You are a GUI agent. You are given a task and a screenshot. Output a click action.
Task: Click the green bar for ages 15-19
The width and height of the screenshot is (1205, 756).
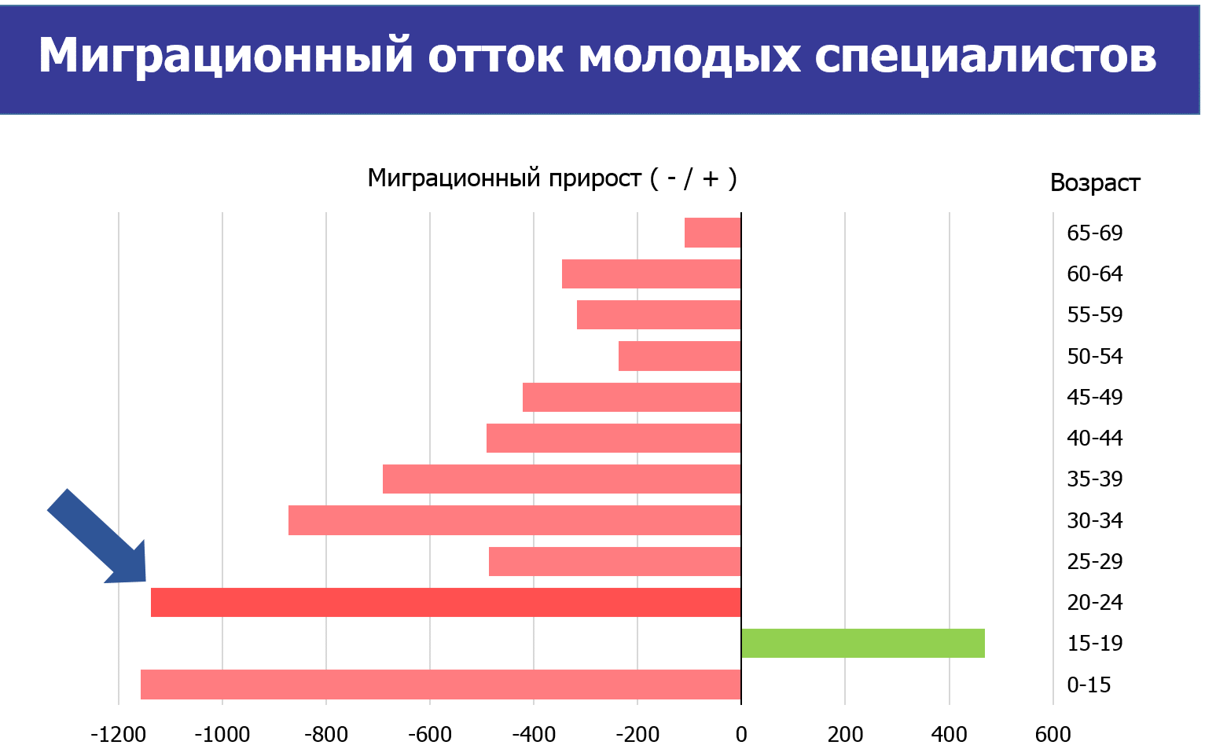tap(862, 644)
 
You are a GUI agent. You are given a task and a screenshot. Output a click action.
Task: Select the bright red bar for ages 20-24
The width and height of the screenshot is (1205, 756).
tap(446, 603)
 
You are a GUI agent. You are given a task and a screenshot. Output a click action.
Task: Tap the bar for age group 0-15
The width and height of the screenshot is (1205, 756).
tap(440, 684)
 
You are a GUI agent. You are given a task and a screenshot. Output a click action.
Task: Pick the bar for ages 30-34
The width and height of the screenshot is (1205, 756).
tap(514, 520)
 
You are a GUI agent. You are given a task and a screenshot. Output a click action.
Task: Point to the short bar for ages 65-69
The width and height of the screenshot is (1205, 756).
tap(712, 233)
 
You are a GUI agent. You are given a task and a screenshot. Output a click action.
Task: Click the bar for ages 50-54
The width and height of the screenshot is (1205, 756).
tap(679, 356)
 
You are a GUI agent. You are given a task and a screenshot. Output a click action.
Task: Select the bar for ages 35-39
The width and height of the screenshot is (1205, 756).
tap(561, 479)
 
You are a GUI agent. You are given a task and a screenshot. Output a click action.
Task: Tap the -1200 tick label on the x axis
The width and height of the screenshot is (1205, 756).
tap(118, 735)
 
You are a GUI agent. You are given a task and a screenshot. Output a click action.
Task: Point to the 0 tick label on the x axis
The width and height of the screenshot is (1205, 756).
tap(741, 735)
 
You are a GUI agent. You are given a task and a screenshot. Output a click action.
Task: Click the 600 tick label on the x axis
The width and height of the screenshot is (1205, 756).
tap(1053, 735)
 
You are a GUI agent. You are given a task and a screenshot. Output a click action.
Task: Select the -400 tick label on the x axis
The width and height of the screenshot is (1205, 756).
tap(533, 735)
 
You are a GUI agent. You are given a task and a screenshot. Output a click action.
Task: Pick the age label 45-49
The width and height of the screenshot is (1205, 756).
tap(1094, 398)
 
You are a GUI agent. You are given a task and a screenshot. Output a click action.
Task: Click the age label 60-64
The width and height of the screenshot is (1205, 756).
tap(1094, 274)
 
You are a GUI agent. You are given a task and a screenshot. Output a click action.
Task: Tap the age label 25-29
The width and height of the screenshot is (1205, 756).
tap(1094, 562)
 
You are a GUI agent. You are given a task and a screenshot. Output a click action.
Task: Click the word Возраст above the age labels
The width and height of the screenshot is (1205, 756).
tap(1094, 183)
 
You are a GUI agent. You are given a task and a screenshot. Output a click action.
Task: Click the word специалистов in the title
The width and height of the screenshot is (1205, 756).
tap(985, 57)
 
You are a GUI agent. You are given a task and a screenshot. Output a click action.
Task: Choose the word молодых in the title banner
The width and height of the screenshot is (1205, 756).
tap(689, 57)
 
